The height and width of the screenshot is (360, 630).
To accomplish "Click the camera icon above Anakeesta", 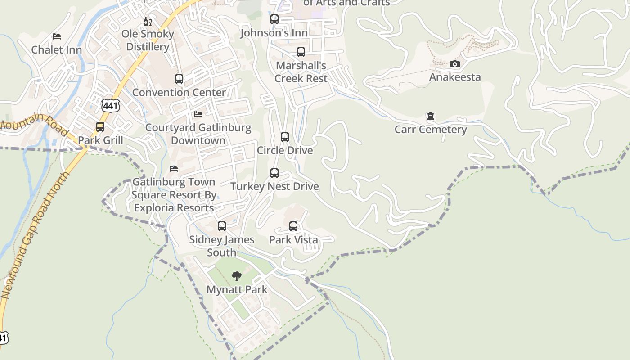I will click(455, 64).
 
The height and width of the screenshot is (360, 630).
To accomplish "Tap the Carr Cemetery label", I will click(431, 130).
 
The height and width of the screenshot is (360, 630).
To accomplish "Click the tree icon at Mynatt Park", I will click(237, 276).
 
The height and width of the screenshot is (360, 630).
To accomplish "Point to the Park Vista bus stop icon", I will click(293, 226).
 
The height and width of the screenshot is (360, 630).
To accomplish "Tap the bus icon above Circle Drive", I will click(285, 137).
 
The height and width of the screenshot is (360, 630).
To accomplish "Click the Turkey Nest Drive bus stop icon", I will click(274, 173).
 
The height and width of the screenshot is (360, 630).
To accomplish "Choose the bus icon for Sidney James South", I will click(222, 226).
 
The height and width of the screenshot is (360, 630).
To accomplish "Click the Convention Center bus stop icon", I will click(179, 79).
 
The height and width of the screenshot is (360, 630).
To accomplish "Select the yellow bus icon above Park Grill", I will click(100, 127).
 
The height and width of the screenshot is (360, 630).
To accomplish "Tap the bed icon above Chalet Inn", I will click(57, 36).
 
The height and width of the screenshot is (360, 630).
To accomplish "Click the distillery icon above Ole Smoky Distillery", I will click(147, 21).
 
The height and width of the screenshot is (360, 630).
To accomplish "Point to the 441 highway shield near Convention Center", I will click(110, 105).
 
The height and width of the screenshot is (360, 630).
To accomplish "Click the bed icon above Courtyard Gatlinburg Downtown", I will click(198, 114).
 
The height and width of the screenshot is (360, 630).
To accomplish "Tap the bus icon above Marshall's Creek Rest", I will click(301, 52).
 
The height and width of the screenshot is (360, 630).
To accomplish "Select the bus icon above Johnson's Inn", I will click(274, 19).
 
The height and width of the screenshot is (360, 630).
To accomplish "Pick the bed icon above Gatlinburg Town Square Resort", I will click(174, 169).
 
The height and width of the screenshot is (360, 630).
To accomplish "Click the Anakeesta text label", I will click(455, 77).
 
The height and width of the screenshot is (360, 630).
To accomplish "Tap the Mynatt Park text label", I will click(237, 289).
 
